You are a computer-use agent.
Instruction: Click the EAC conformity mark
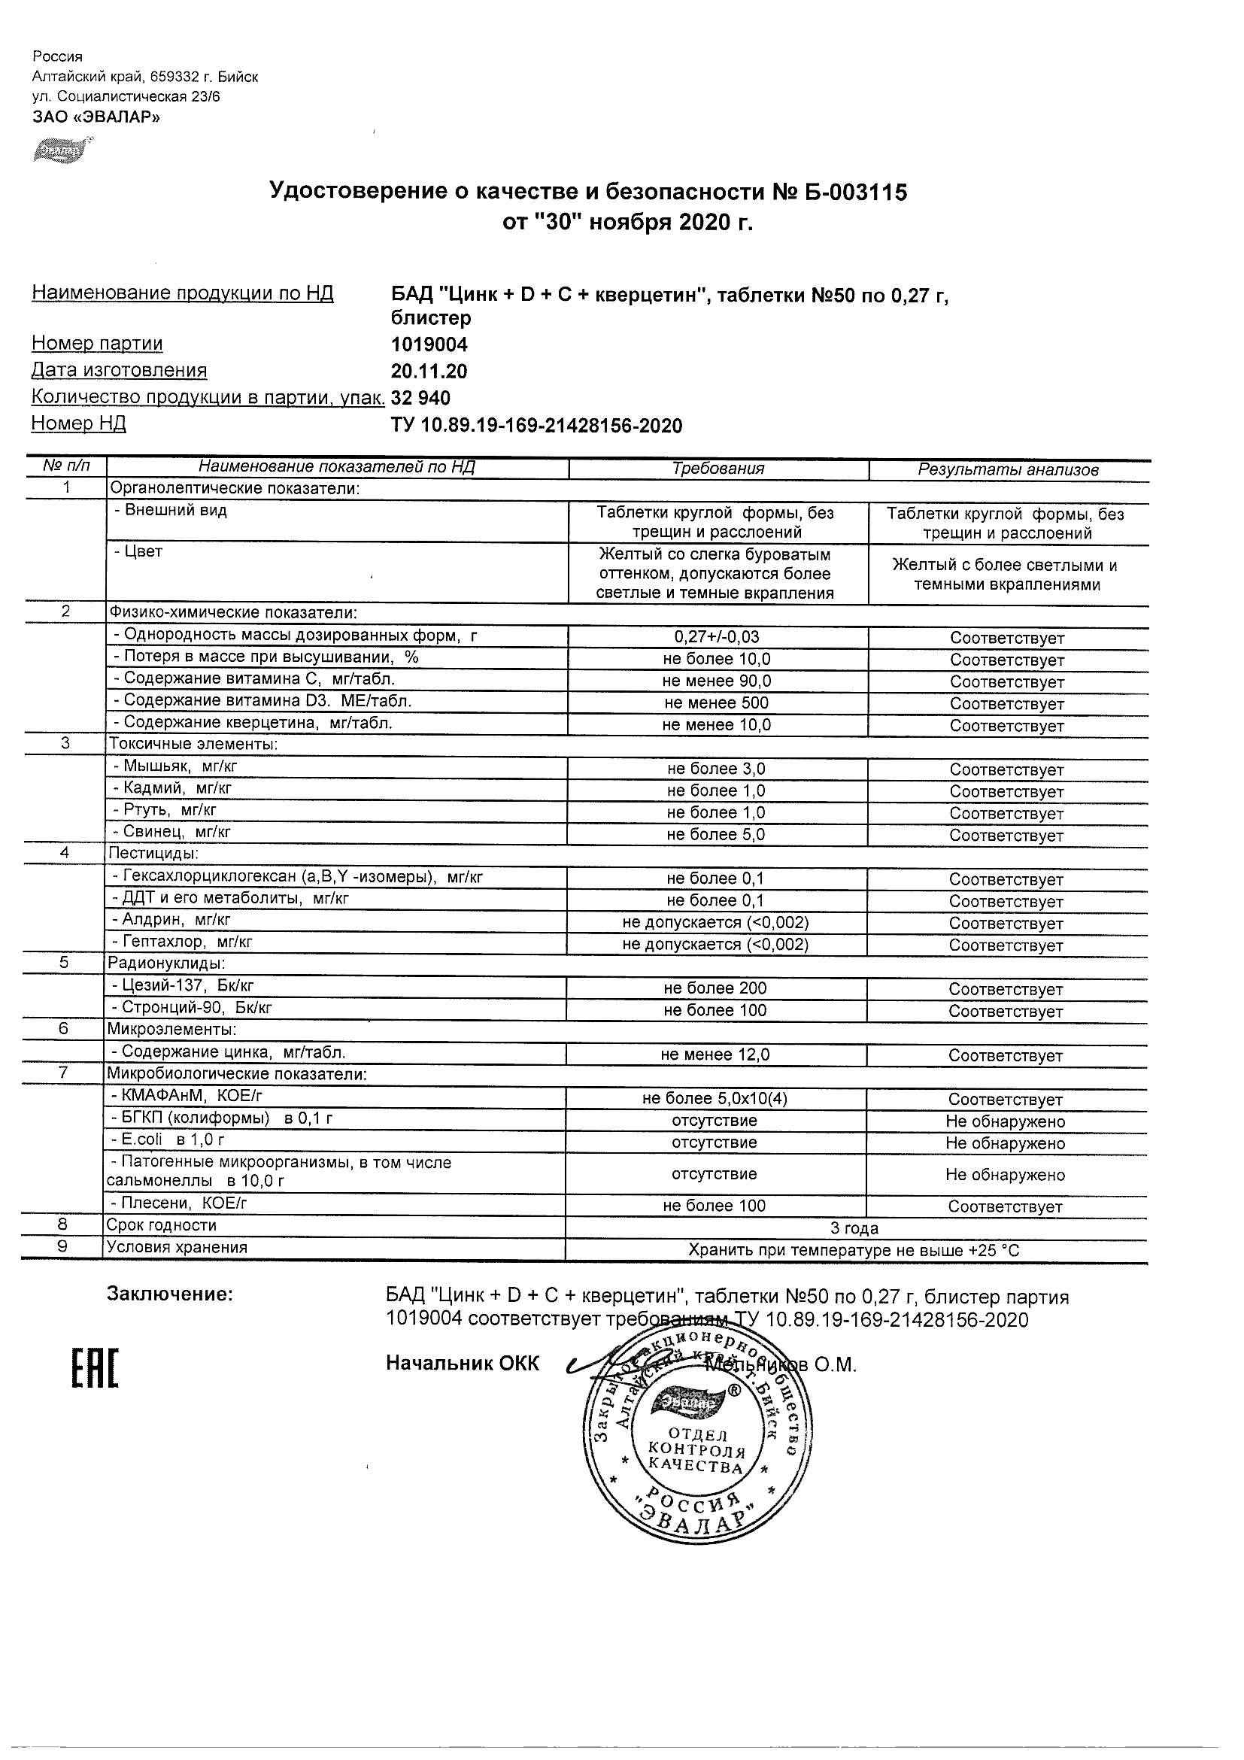[96, 1369]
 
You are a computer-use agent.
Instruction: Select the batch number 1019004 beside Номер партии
[429, 344]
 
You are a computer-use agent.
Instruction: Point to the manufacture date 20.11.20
[429, 371]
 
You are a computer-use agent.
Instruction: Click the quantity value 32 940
[420, 398]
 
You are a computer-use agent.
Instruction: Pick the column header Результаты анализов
[1008, 470]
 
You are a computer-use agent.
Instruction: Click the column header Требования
[718, 469]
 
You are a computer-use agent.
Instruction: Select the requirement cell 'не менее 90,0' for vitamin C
[718, 681]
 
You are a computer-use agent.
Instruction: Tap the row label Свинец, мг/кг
[171, 832]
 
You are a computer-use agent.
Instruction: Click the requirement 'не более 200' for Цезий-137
[715, 988]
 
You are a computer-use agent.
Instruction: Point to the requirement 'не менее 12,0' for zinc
[715, 1054]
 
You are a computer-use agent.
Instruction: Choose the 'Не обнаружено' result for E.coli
[1006, 1143]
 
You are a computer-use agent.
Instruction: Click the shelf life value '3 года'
[854, 1228]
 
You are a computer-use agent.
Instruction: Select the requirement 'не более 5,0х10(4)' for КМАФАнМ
[715, 1098]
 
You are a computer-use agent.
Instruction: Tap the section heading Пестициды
[154, 853]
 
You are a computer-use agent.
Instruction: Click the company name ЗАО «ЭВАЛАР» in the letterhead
[96, 117]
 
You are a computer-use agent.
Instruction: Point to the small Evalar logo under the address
[62, 150]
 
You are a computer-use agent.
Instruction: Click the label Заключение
[169, 1294]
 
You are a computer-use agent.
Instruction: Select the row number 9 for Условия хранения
[63, 1246]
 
